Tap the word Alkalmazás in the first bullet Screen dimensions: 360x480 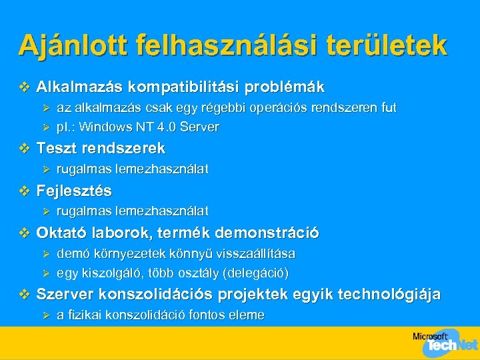point(80,87)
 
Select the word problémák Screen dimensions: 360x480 point(285,87)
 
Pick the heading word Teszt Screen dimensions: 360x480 point(57,148)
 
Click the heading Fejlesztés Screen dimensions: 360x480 point(74,191)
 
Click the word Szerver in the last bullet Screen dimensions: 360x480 point(65,294)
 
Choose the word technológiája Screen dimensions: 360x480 point(389,294)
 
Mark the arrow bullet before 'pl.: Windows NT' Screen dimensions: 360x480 point(46,127)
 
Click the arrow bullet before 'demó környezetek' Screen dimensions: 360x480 point(46,254)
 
